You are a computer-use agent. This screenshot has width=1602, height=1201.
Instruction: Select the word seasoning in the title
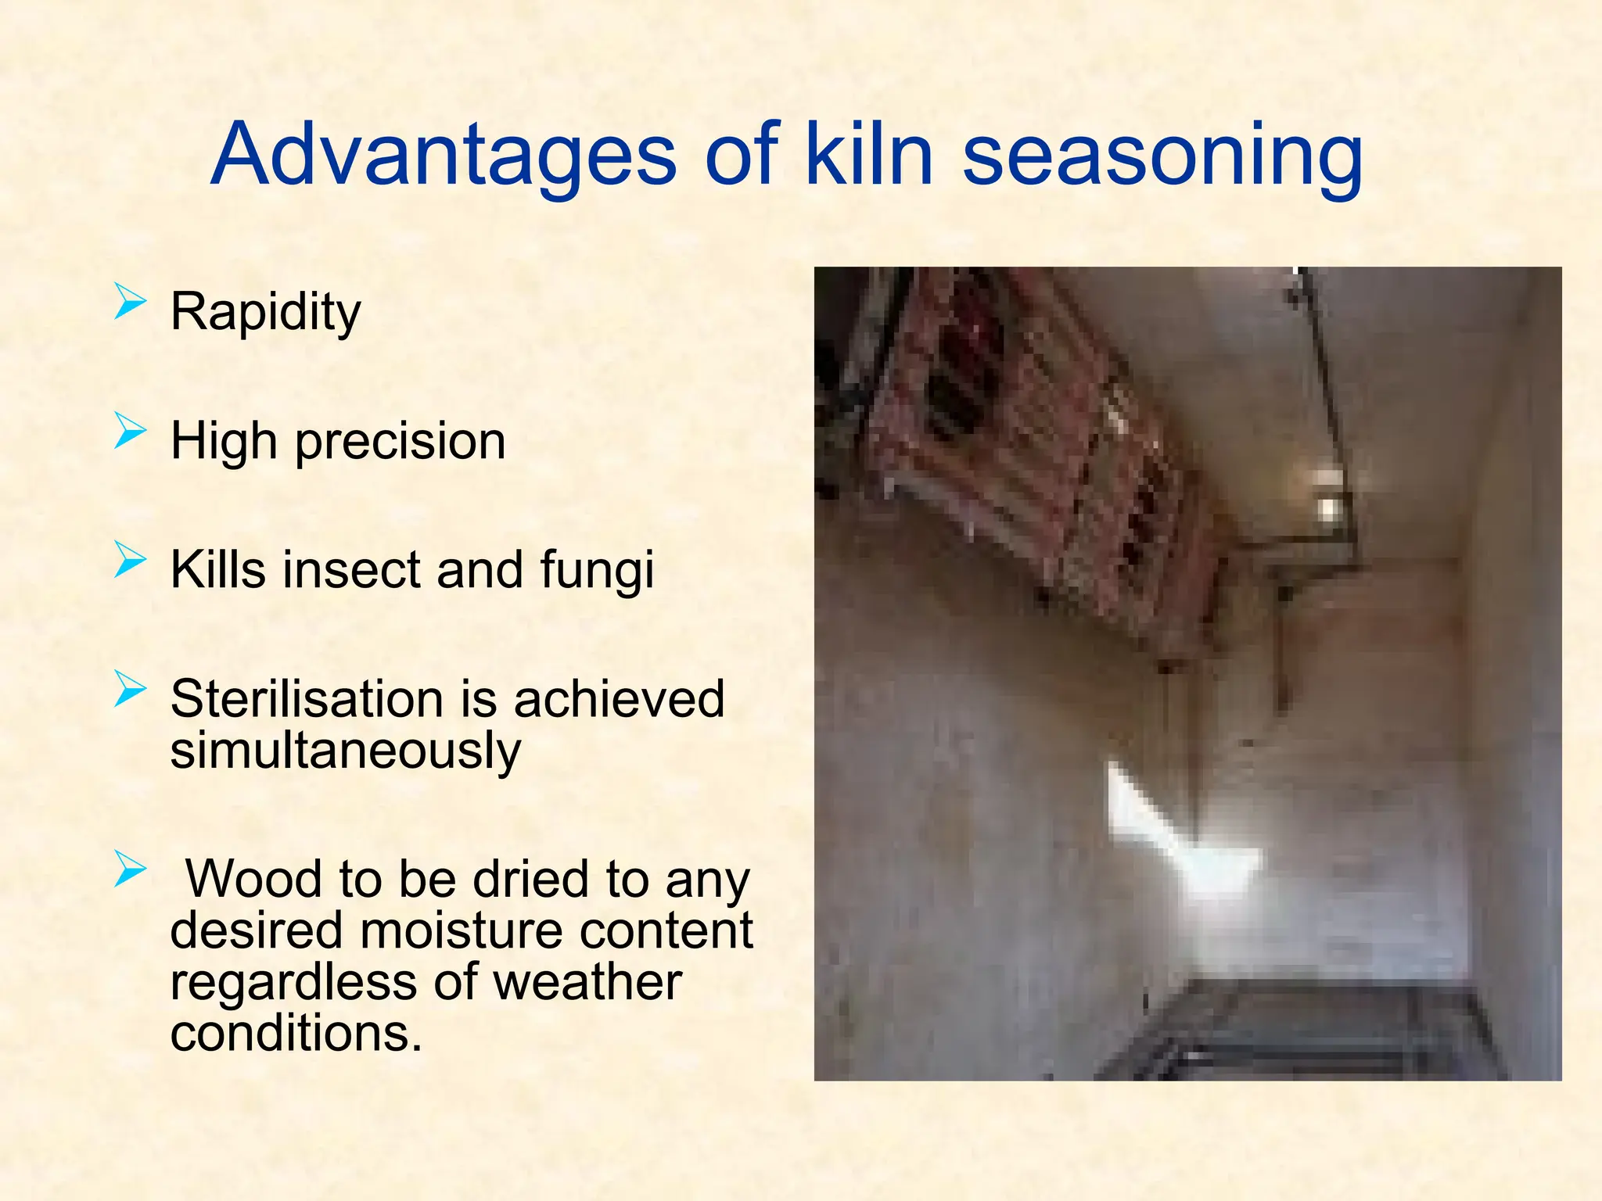click(x=1162, y=156)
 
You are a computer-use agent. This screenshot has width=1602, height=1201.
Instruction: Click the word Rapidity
click(x=266, y=312)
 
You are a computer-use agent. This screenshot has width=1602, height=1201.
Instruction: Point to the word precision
click(x=400, y=443)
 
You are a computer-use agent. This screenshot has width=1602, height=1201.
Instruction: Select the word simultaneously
click(x=345, y=751)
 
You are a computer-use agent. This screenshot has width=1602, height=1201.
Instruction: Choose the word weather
click(x=587, y=982)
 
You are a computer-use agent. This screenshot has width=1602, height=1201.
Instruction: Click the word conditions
click(x=296, y=1034)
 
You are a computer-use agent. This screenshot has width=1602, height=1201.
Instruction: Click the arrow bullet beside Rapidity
click(x=130, y=302)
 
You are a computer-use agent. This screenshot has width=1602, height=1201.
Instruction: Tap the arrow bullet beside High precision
click(x=130, y=431)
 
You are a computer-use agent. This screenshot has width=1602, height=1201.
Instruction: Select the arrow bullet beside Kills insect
click(x=130, y=560)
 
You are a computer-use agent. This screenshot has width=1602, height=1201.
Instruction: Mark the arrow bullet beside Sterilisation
click(x=130, y=689)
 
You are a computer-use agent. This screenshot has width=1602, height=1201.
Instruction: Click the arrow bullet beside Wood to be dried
click(x=130, y=869)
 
